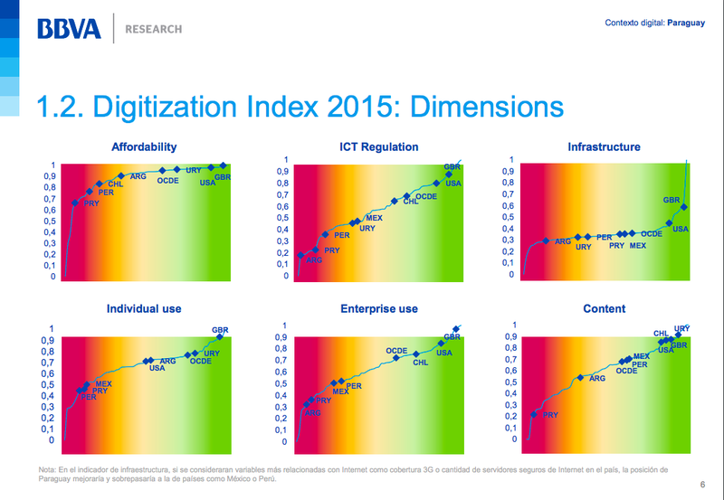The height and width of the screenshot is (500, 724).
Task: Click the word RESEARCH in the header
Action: coord(153,29)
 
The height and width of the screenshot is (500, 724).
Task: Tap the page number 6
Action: coord(704,484)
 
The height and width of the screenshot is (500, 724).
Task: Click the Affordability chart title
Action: coord(143,146)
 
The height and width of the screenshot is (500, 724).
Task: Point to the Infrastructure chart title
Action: coord(604,146)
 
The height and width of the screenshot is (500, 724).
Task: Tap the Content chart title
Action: coord(604,308)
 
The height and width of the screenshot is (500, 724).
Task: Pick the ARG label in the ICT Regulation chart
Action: coord(314,260)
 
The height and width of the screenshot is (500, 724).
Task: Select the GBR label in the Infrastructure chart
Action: coord(671,200)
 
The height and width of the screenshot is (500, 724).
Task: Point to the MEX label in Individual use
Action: coord(103,384)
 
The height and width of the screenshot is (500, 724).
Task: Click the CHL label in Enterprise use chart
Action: coord(421,363)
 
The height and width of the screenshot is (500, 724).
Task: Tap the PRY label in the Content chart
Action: coord(550,415)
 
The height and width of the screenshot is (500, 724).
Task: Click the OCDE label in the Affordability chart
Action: coord(167,181)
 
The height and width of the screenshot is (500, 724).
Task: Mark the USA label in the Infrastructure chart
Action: coord(681,230)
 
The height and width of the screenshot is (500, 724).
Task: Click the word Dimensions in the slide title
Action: coord(487,107)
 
